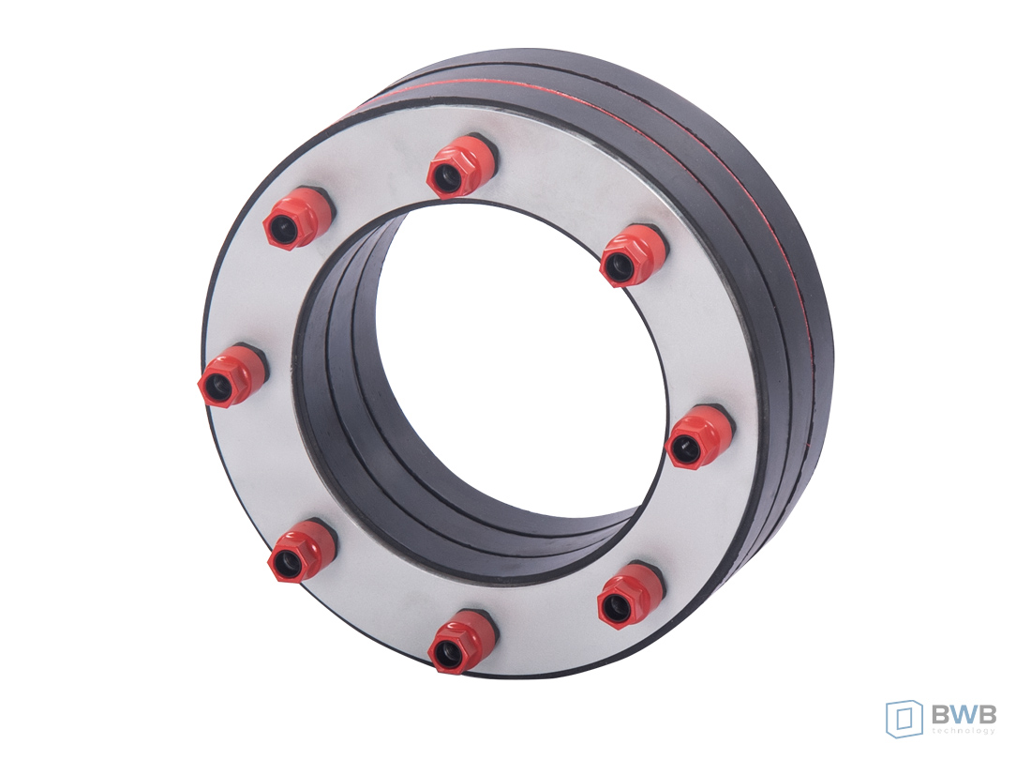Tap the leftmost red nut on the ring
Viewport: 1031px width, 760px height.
tap(232, 374)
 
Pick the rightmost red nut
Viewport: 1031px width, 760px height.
tap(698, 436)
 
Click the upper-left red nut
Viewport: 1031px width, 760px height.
tap(298, 217)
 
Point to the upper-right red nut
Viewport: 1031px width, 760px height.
tap(631, 254)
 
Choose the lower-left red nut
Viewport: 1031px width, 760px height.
tap(302, 550)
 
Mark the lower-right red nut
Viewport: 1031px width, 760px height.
tap(630, 596)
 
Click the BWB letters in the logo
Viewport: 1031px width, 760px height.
tap(964, 714)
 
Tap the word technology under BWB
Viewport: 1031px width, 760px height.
tap(964, 731)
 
